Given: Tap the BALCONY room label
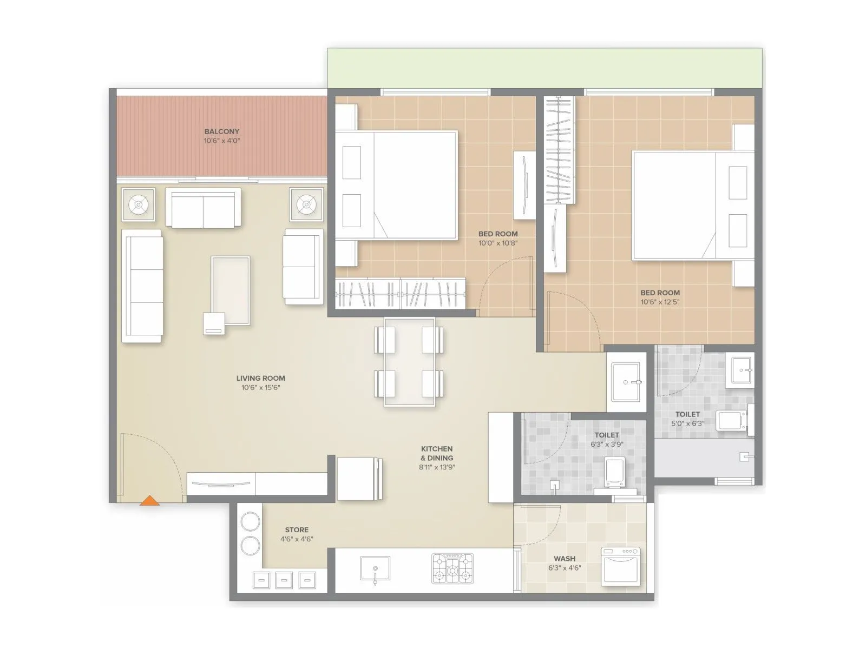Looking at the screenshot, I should click(x=221, y=131).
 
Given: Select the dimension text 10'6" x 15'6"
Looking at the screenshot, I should click(x=260, y=388).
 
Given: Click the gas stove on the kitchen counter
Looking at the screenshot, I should click(x=452, y=568).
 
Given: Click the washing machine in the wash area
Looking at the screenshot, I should click(x=620, y=565).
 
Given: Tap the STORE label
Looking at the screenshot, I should click(x=297, y=530).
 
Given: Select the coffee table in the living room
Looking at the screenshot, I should click(x=231, y=290).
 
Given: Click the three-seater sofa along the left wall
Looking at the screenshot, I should click(x=142, y=286).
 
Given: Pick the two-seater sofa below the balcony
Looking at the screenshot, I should click(x=203, y=208).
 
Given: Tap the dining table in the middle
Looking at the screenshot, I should click(x=409, y=362).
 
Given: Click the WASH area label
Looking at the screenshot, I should click(x=565, y=559).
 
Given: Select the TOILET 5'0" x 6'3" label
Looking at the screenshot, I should click(x=687, y=414).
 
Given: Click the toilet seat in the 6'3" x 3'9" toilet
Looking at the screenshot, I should click(x=614, y=472).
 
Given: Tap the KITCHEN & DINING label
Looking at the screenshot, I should click(x=437, y=453).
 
